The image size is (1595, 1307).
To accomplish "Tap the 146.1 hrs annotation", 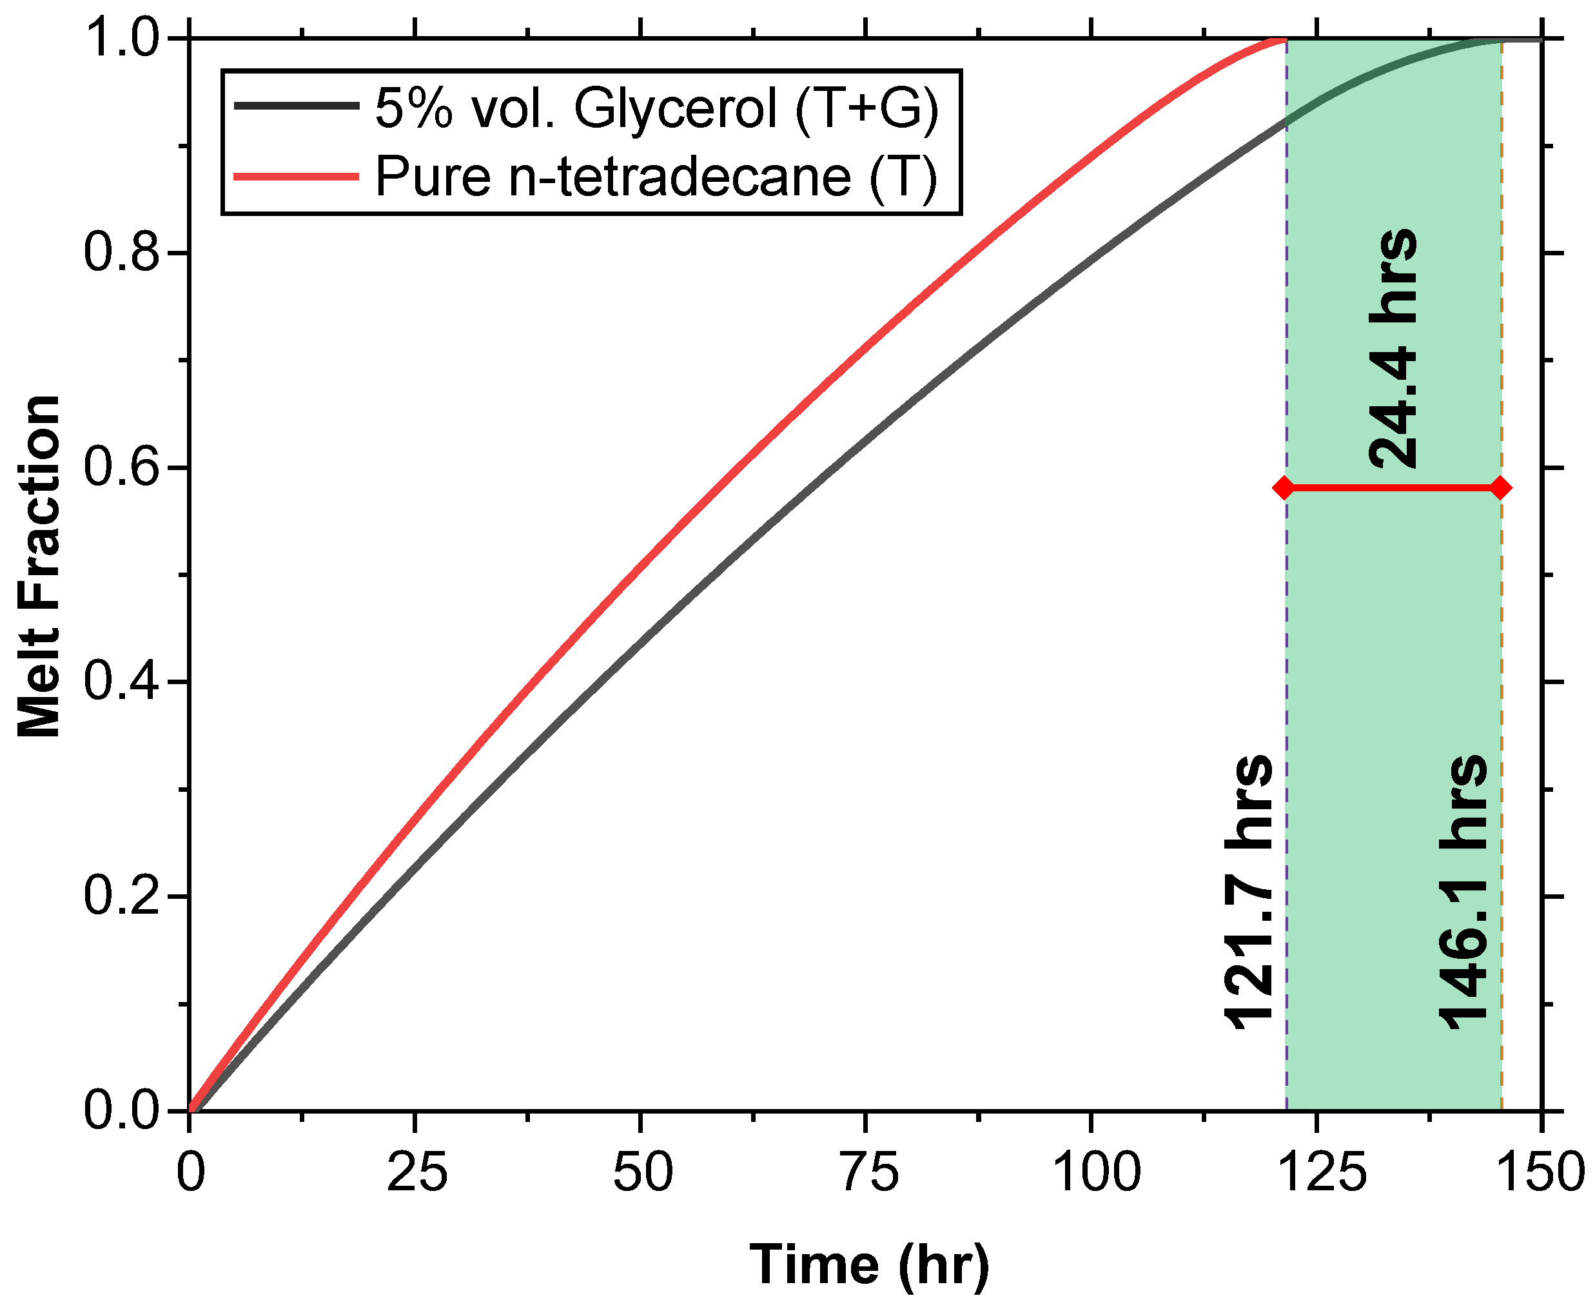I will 1463,892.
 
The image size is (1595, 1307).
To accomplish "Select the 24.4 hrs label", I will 1393,348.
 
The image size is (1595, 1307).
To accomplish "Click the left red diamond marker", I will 1285,488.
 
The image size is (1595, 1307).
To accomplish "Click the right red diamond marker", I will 1500,488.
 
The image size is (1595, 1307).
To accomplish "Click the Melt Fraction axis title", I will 39,566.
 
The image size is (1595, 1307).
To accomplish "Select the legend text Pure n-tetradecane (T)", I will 656,177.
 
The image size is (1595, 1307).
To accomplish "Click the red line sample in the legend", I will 296,177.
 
